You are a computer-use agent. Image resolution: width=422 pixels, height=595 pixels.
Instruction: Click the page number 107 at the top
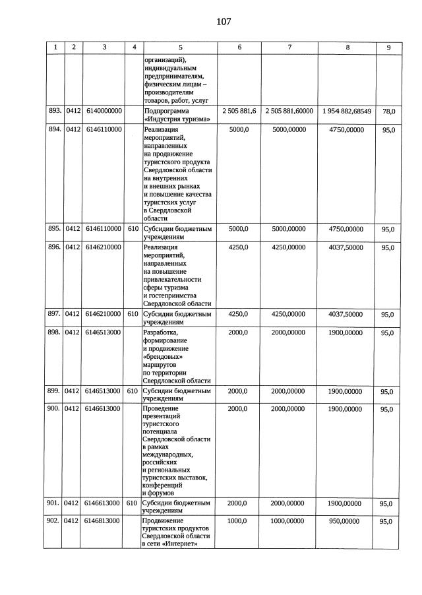pyautogui.click(x=224, y=22)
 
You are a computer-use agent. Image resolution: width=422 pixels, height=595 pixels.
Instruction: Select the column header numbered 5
pyautogui.click(x=180, y=47)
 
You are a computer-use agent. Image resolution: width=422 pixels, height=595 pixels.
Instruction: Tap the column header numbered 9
pyautogui.click(x=388, y=47)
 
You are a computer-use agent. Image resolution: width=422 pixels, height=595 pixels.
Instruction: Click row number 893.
pyautogui.click(x=55, y=111)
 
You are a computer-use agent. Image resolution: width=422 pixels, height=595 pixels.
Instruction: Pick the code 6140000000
pyautogui.click(x=104, y=111)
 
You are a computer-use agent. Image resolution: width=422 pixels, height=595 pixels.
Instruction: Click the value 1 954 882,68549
pyautogui.click(x=347, y=111)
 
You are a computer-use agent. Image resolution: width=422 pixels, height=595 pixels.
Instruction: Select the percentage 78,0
pyautogui.click(x=389, y=111)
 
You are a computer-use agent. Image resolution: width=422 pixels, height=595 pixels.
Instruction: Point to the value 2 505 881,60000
pyautogui.click(x=289, y=111)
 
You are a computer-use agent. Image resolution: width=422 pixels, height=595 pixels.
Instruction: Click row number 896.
pyautogui.click(x=55, y=247)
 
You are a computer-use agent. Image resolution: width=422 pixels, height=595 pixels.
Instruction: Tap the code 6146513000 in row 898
pyautogui.click(x=104, y=332)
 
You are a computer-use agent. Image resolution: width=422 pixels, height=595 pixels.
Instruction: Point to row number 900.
pyautogui.click(x=55, y=409)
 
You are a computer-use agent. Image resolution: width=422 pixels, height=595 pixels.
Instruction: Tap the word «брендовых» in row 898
pyautogui.click(x=163, y=357)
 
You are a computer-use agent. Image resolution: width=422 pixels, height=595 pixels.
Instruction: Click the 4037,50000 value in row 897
pyautogui.click(x=346, y=315)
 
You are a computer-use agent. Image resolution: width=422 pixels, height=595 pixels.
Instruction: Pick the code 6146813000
pyautogui.click(x=104, y=521)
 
